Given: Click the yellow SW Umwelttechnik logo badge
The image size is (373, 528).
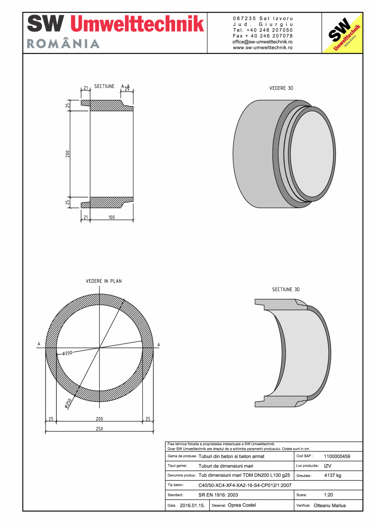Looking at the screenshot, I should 342,33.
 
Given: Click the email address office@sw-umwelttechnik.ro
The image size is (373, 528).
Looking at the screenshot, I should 263,42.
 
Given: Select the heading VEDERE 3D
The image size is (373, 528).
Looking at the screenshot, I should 281,88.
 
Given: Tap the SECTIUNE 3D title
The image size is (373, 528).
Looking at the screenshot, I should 286,289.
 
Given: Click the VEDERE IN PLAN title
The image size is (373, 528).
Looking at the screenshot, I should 104,281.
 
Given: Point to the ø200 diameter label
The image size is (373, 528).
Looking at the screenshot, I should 67,353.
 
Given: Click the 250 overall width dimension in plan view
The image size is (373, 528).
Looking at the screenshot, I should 99,429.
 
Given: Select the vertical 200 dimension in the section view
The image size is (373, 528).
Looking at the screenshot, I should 68,154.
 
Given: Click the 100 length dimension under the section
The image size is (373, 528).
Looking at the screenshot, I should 111,217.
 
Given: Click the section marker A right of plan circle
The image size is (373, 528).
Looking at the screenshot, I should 159,345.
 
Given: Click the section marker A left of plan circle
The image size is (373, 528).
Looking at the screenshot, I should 39,344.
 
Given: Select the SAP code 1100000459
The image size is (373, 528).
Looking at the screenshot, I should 337,456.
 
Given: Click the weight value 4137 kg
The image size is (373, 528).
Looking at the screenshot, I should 332,475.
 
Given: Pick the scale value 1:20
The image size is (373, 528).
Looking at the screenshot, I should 328,495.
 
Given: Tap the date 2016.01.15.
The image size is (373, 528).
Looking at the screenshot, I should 192,506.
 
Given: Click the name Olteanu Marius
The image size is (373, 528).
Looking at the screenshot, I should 330,505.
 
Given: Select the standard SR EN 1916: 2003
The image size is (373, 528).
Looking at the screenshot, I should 218,495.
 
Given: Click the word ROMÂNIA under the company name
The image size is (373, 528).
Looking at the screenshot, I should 63,44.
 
